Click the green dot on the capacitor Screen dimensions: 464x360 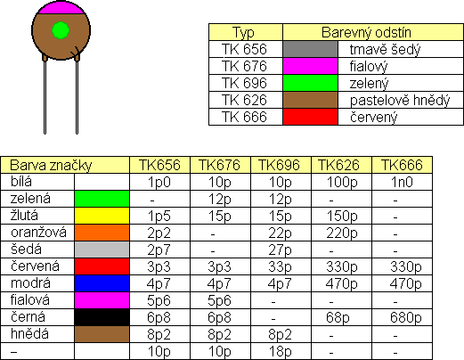(61, 30)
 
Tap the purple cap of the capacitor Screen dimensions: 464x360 (61, 8)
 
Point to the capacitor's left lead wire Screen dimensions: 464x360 (45, 95)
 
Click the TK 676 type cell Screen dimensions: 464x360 (244, 66)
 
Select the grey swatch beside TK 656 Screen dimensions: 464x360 (310, 49)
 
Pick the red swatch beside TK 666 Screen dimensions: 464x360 (310, 117)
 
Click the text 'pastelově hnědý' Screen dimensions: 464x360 (400, 101)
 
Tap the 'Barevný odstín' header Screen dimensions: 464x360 (366, 32)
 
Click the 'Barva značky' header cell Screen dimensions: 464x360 (65, 165)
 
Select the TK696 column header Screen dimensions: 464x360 (280, 165)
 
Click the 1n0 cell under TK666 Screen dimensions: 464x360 (402, 182)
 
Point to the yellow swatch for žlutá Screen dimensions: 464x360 (102, 216)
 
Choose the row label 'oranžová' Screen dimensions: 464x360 (38, 233)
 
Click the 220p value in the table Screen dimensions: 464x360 (342, 233)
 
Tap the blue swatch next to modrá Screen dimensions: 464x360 (102, 283)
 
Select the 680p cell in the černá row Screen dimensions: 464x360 (405, 317)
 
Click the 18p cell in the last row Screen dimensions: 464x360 (280, 352)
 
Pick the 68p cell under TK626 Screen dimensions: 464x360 (338, 317)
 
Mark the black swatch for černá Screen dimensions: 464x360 (102, 317)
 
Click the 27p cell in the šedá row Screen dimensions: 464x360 (280, 250)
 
